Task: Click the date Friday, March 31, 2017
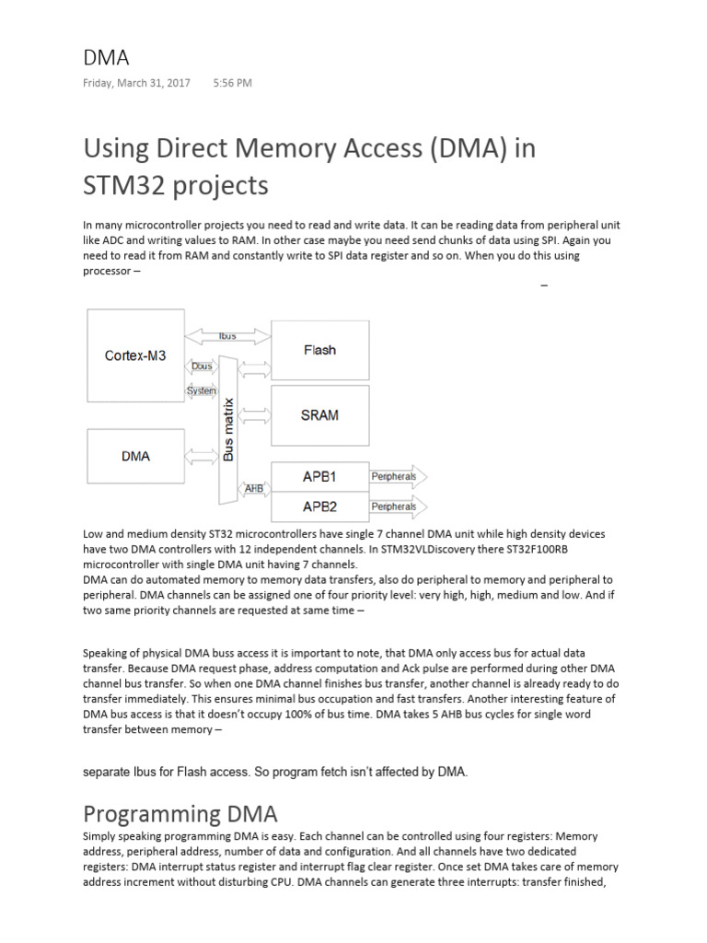(137, 83)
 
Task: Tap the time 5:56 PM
(232, 83)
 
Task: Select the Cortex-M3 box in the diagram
(135, 355)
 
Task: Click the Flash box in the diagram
(319, 350)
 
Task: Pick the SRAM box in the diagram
(319, 415)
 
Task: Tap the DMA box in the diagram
(135, 456)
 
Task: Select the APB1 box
(319, 477)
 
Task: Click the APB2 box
(319, 506)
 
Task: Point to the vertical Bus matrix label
(228, 429)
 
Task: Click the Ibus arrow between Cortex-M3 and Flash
(227, 337)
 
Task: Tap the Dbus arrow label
(201, 367)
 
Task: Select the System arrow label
(201, 390)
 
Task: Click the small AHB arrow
(253, 487)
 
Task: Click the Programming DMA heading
(180, 813)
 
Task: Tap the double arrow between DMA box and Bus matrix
(202, 456)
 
